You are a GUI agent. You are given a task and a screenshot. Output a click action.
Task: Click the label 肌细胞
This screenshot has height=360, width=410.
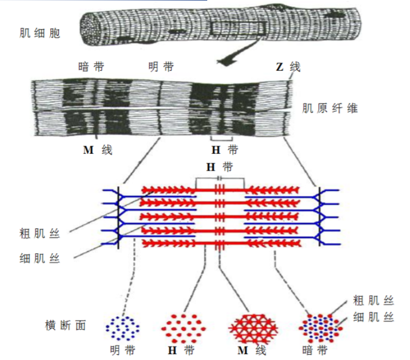coord(39,33)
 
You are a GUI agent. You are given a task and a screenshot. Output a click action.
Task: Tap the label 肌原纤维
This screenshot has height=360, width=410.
coord(330,108)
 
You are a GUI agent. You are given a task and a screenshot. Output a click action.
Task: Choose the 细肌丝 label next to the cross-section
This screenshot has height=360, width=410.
coord(373,316)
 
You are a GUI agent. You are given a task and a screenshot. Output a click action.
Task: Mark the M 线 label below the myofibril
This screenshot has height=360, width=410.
coord(98,151)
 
